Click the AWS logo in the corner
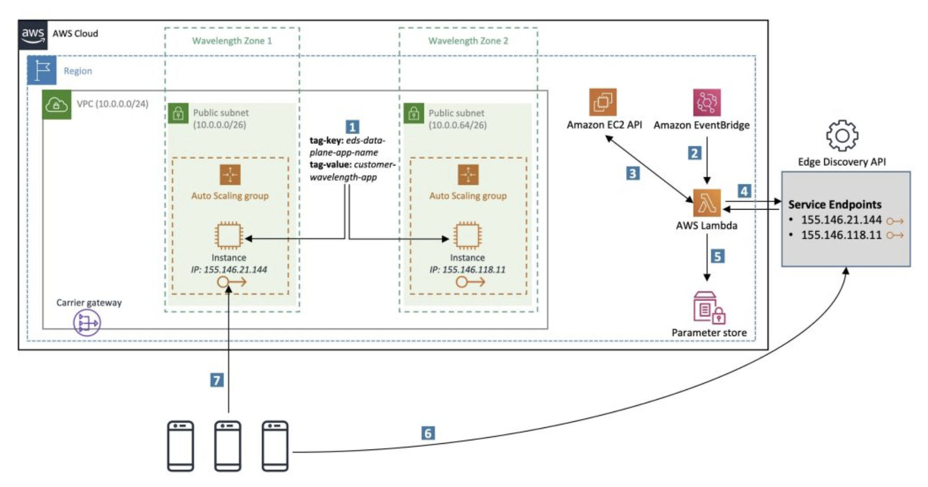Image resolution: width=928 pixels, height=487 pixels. tap(33, 35)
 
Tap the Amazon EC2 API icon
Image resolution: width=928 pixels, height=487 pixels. tap(603, 102)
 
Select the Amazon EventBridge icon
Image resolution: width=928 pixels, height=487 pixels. tap(707, 102)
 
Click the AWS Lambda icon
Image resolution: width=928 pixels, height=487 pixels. tap(707, 203)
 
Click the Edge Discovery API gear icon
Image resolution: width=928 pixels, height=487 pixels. tap(842, 136)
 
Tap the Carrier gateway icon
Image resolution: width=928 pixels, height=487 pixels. tap(87, 323)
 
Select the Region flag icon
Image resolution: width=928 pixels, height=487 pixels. tap(42, 70)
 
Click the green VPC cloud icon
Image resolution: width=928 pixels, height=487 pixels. tap(57, 104)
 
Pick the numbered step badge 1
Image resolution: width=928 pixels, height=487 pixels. tap(352, 127)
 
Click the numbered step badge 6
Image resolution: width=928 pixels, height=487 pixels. tap(428, 433)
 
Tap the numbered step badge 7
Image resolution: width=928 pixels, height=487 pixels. tap(217, 380)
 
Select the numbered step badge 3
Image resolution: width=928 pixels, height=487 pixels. tap(633, 173)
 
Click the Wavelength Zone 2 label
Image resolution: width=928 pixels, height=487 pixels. tap(468, 41)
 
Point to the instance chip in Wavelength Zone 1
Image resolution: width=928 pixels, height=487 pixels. tap(229, 236)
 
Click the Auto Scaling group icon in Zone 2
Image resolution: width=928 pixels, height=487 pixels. tap(468, 175)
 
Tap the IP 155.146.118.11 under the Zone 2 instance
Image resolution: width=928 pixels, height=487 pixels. tap(468, 270)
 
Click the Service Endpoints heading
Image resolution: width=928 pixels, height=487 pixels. tap(834, 204)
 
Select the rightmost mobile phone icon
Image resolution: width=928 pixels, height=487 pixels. tap(275, 446)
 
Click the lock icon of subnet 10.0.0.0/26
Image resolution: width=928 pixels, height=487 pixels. tap(178, 113)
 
